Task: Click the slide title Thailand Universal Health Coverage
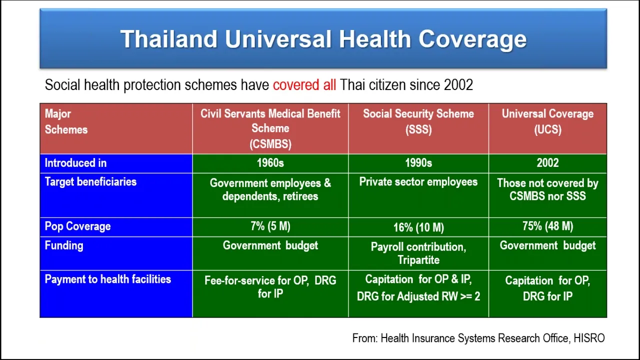point(323,39)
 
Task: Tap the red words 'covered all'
point(304,85)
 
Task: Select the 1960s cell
point(270,163)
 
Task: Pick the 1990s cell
point(418,163)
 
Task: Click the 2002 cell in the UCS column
point(547,163)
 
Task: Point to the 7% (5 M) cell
point(270,226)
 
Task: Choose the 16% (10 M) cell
point(418,227)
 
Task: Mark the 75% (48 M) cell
point(547,226)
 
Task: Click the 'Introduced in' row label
point(75,163)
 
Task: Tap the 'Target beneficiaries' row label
point(90,182)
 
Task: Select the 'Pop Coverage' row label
point(77,226)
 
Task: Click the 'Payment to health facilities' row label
point(107,279)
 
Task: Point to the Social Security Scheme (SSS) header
point(418,122)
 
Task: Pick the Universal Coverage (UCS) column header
point(547,122)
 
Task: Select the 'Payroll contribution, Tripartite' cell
point(418,253)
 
